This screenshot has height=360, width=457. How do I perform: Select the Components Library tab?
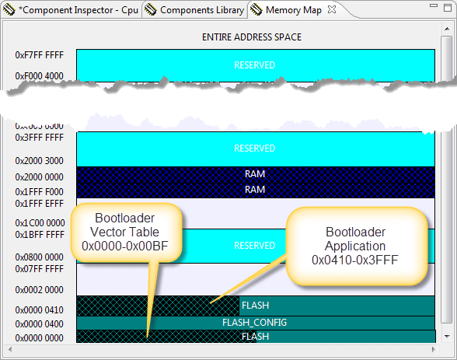click(201, 10)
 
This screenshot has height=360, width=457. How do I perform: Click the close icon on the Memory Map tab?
click(331, 10)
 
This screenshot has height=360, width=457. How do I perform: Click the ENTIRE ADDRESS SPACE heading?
click(251, 37)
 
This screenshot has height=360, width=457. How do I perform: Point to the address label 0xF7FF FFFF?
click(40, 56)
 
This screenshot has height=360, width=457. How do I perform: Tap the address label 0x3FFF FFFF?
click(40, 138)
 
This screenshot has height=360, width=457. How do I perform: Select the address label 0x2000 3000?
click(40, 161)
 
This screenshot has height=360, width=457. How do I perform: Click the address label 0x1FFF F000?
click(40, 190)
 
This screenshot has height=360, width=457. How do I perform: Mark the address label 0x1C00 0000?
click(40, 222)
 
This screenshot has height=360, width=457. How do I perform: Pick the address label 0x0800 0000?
click(40, 257)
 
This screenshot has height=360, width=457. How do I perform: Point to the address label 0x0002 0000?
click(40, 289)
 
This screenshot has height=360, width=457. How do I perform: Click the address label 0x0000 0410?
click(40, 310)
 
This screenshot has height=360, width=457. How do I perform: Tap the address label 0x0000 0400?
click(40, 324)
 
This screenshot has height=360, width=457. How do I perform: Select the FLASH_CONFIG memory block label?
click(255, 323)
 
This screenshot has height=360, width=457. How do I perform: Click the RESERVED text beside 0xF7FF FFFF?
click(255, 65)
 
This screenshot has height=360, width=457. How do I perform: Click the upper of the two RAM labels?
click(255, 174)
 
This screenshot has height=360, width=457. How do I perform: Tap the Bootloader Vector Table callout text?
click(130, 232)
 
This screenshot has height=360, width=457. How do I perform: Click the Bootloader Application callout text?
click(354, 246)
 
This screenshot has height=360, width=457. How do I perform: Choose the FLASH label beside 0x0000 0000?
click(255, 337)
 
